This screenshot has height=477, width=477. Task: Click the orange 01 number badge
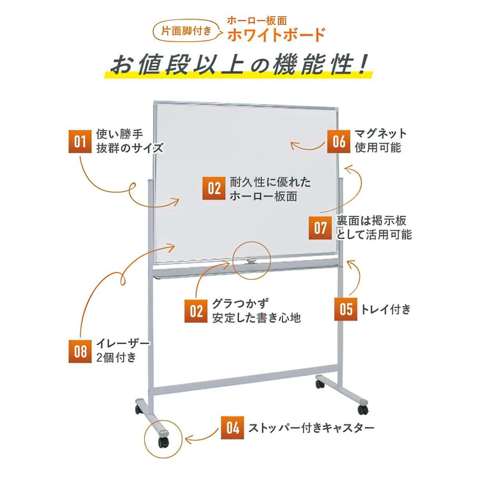80,142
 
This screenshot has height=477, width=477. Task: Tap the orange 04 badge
232,428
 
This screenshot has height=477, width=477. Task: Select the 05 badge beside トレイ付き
346,309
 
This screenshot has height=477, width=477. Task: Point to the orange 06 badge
339,142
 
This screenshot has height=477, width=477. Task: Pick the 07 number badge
320,228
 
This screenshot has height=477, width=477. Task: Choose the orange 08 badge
80,351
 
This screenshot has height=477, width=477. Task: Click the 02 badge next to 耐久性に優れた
214,188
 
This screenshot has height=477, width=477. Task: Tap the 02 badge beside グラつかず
196,311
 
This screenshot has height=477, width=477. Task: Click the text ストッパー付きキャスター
311,428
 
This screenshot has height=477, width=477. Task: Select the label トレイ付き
386,309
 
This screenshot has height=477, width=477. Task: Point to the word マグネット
381,134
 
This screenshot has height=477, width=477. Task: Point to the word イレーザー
123,344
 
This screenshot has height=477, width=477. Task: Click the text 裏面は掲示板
371,221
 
